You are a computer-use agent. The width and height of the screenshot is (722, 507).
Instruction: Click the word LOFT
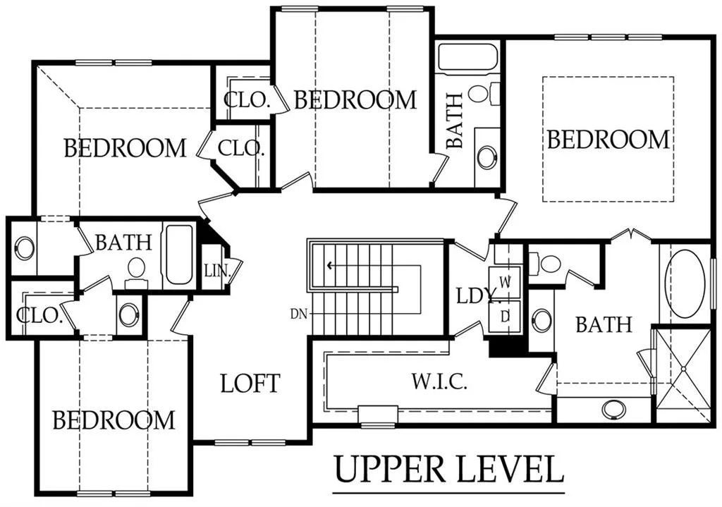(250, 384)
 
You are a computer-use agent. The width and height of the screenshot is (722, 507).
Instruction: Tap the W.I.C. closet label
(439, 381)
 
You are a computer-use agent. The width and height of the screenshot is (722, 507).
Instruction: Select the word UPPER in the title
(390, 469)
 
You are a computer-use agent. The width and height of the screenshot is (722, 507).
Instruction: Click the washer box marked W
(505, 282)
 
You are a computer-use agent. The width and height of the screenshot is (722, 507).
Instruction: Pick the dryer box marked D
(505, 317)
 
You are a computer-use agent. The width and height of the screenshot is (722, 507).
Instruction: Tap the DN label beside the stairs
(298, 314)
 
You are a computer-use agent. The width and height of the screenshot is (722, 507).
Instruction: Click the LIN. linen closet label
(217, 270)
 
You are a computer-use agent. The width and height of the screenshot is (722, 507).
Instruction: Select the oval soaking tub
(686, 283)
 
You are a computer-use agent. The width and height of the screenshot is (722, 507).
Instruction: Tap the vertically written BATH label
(455, 121)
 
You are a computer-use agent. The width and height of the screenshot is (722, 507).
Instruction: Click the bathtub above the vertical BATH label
(468, 58)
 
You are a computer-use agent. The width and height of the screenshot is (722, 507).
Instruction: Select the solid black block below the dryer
(506, 346)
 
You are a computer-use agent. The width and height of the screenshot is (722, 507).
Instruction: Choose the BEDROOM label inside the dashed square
(608, 140)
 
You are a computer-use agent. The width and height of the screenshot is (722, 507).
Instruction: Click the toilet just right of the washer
(546, 264)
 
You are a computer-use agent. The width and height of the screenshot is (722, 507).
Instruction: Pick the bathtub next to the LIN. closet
(178, 254)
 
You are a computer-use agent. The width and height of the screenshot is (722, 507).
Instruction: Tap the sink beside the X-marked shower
(613, 410)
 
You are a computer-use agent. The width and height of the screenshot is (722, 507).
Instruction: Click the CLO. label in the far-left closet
(39, 315)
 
